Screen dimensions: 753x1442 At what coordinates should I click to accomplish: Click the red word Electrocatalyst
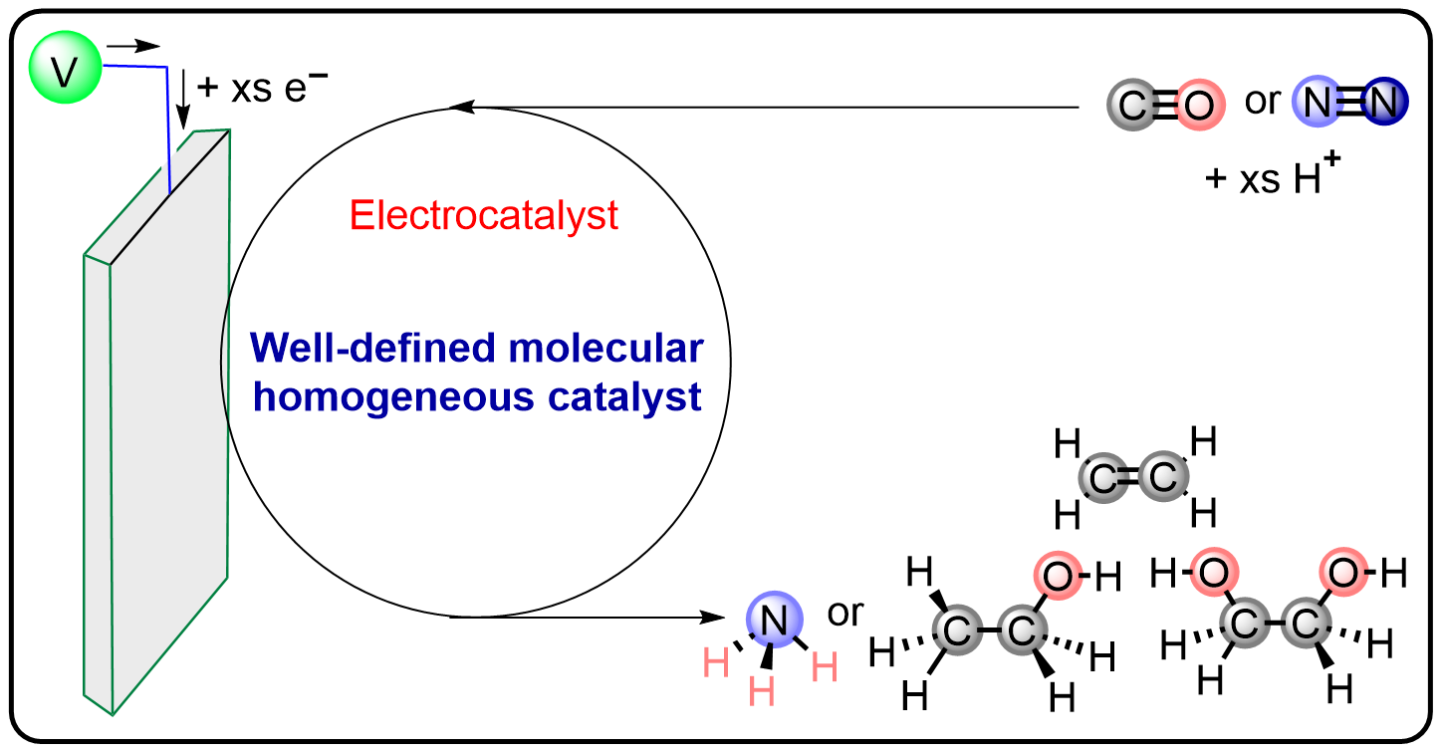point(485,215)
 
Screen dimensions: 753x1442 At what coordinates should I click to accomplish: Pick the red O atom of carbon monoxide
point(1198,104)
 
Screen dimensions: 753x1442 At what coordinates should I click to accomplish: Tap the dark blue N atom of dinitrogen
point(1384,102)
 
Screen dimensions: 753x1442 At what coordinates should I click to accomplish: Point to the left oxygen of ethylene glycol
point(1213,573)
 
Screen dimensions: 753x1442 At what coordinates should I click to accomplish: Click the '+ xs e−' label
point(262,88)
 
